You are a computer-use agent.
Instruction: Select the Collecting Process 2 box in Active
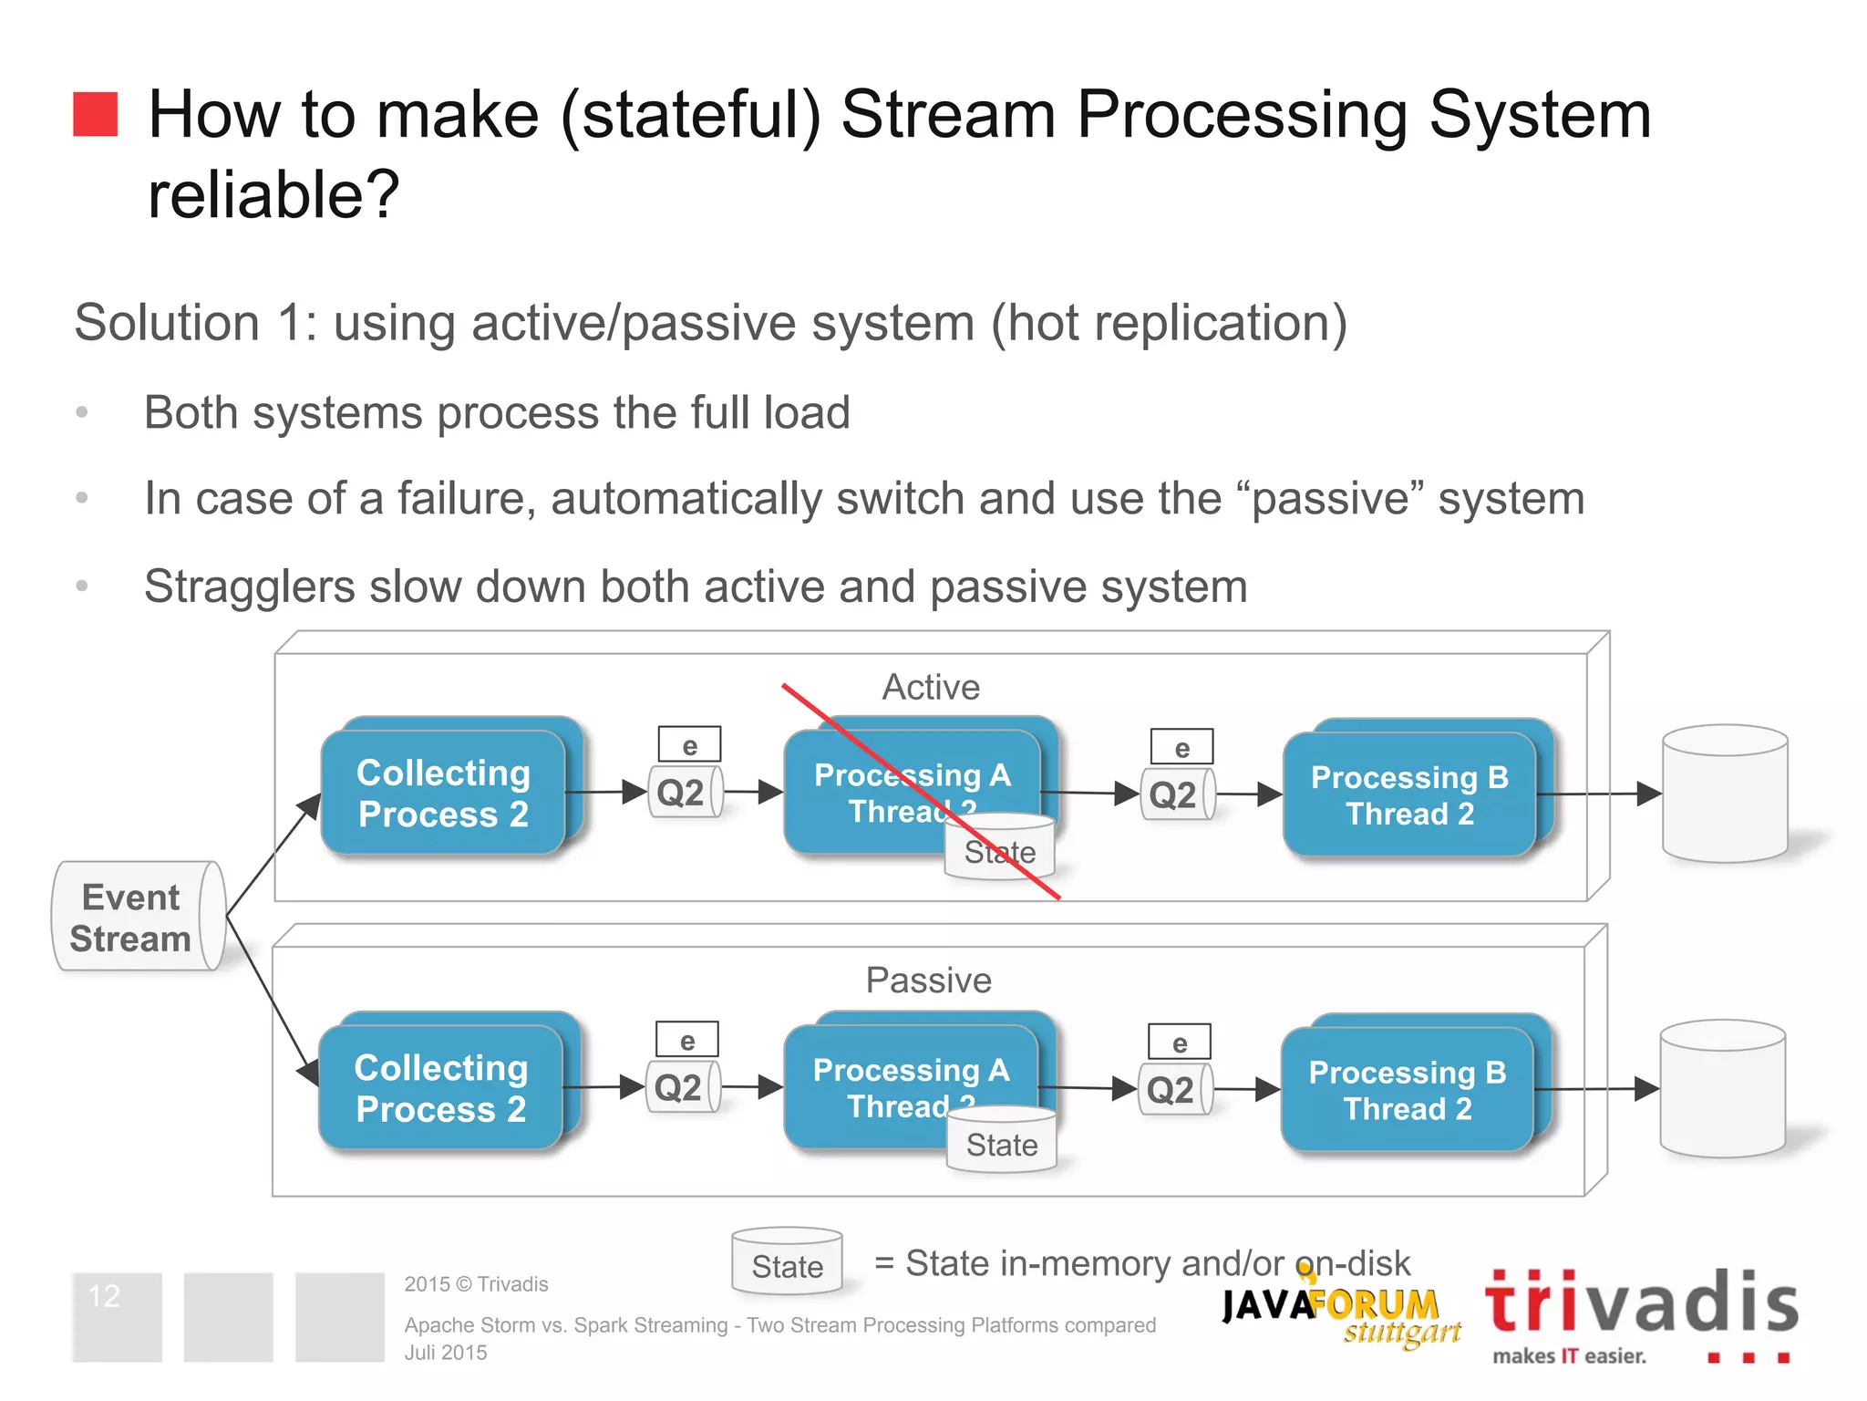pos(444,792)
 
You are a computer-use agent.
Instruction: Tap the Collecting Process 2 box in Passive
pos(441,1087)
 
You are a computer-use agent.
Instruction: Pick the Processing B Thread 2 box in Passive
pos(1408,1089)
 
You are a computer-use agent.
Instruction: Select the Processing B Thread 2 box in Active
pos(1409,794)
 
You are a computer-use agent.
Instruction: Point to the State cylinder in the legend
pos(787,1262)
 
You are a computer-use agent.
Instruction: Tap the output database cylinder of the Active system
pos(1724,794)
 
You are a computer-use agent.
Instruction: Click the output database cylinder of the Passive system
pos(1722,1089)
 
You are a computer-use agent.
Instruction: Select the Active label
pos(931,687)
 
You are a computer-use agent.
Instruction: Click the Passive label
pos(928,981)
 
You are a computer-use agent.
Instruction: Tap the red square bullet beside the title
pos(96,114)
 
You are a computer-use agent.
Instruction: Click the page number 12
pos(105,1296)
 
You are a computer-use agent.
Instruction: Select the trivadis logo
pos(1641,1313)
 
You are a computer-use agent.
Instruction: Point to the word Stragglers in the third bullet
pos(249,586)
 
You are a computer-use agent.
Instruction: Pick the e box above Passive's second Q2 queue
pos(1179,1043)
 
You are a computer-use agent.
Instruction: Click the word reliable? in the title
pos(273,194)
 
